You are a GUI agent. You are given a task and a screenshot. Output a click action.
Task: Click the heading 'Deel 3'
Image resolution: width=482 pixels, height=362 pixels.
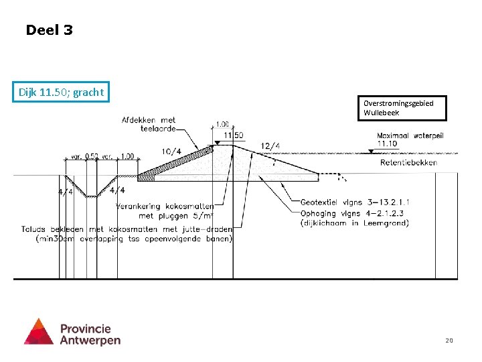point(49,30)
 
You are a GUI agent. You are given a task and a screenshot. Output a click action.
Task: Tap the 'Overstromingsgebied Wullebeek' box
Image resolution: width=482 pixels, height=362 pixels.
point(398,108)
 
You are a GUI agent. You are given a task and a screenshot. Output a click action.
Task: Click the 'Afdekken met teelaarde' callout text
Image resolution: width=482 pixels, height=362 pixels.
point(149,125)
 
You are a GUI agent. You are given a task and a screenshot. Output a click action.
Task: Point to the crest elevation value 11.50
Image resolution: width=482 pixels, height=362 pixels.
point(233,135)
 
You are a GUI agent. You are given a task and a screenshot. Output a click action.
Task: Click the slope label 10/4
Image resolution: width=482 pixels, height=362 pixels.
point(171,151)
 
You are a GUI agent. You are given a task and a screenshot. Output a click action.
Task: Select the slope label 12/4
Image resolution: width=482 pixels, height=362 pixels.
point(270,146)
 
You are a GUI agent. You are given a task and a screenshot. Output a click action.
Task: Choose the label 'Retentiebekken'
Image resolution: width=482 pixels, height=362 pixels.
point(408,162)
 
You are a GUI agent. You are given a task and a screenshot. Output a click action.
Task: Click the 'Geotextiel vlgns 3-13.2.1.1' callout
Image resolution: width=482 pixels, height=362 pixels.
point(355,202)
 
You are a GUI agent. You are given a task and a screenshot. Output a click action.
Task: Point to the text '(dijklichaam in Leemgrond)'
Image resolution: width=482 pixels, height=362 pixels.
point(354,223)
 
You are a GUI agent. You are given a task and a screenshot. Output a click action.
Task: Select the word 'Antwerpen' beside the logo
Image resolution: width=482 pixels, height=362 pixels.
point(90,340)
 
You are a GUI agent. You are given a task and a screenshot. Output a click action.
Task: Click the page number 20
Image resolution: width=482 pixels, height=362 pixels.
point(449,341)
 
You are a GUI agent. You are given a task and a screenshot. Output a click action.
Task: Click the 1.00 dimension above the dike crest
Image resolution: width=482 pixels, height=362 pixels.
point(222,124)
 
